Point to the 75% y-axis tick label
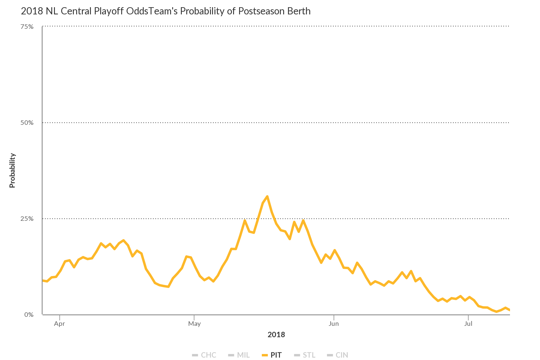tap(27, 27)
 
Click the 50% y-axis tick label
tap(27, 123)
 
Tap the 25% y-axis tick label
tap(27, 219)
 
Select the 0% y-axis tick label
tap(29, 315)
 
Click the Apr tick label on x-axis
tap(60, 324)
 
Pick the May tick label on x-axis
tap(194, 324)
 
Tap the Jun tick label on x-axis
tap(334, 324)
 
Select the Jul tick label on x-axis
tap(468, 324)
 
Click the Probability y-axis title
tap(12, 170)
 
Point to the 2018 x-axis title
tap(276, 334)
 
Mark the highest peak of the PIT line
tap(267, 196)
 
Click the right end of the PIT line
tap(509, 310)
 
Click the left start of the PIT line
tap(43, 280)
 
